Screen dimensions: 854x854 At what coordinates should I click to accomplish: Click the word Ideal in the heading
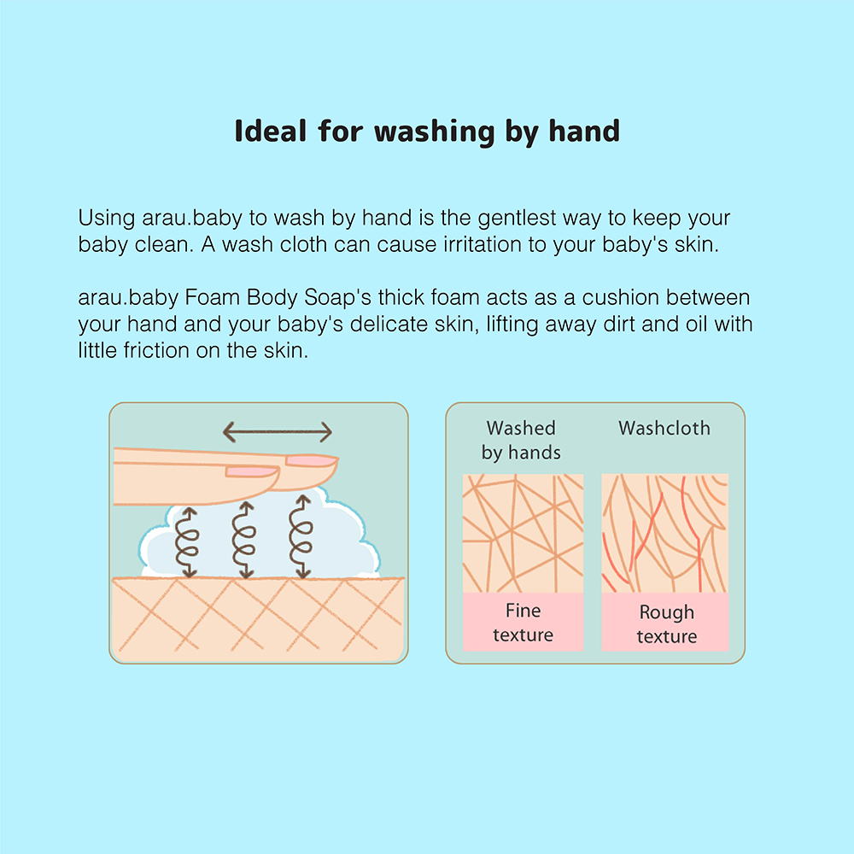(270, 132)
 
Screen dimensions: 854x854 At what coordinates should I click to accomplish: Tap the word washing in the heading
(434, 132)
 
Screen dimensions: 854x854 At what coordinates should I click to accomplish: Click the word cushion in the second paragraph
(620, 297)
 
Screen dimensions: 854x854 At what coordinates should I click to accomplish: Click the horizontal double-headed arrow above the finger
(278, 432)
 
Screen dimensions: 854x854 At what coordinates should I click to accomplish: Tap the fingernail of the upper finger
(310, 461)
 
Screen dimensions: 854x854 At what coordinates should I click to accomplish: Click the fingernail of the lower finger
(251, 471)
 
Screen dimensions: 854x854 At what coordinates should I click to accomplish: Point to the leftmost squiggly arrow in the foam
(187, 542)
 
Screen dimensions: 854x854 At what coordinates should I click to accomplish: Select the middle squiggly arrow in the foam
(243, 540)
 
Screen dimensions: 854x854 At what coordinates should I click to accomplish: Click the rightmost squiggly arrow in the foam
(301, 536)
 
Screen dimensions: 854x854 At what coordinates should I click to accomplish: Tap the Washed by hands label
(521, 440)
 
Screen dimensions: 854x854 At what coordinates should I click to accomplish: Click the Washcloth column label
(664, 428)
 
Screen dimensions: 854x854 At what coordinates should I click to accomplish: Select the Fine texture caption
(523, 623)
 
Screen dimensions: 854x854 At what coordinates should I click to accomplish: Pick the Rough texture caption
(667, 624)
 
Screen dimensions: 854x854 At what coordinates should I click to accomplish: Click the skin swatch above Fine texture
(523, 533)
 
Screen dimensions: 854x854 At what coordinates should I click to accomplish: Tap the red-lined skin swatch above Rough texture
(665, 533)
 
